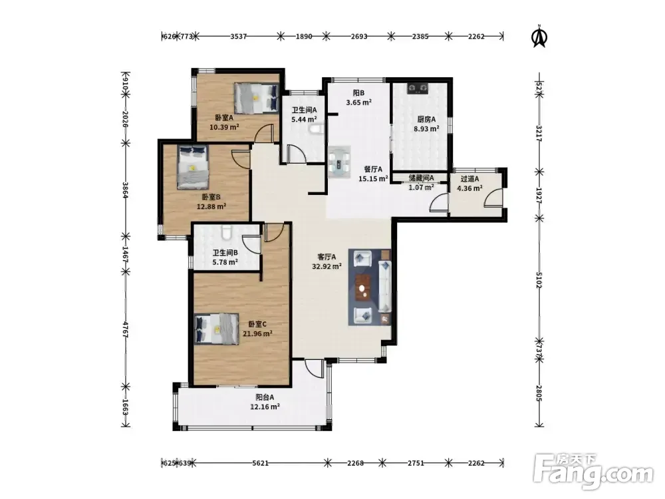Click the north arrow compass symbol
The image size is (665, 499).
point(539,36)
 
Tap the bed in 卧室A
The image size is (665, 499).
point(257,98)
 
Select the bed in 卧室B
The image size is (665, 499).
point(193,167)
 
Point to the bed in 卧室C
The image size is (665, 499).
point(216,329)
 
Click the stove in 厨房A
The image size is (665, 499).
point(418,88)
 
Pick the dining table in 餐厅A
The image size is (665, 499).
point(339,162)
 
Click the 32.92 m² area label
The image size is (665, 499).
point(327,267)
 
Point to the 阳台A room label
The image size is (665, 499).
point(265,397)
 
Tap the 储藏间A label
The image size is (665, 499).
point(421,178)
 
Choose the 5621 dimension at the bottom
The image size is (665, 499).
point(261,463)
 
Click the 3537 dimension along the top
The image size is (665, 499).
point(238,37)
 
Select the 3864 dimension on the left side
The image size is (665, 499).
point(126,190)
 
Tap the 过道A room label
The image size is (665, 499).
point(469,178)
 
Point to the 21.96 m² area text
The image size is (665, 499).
point(257,333)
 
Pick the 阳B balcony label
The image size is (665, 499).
point(359,93)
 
